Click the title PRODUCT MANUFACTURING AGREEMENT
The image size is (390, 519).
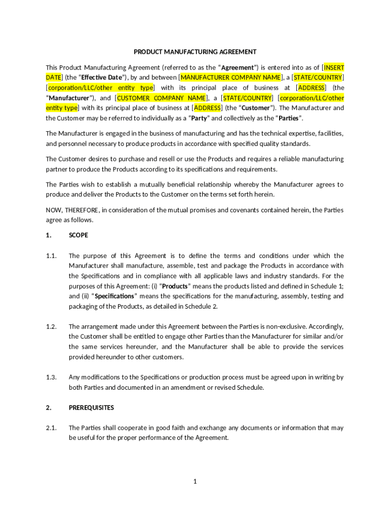(195, 52)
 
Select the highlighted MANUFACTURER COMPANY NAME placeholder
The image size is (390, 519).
(230, 78)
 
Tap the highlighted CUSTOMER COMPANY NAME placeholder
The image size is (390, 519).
(162, 98)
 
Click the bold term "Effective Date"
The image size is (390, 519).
(102, 78)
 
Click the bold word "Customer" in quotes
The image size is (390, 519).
(258, 108)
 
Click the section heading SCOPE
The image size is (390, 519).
(79, 235)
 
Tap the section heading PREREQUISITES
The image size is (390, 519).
(91, 407)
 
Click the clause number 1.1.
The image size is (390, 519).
(51, 255)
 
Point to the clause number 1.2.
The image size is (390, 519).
(51, 326)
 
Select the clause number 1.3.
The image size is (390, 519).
(51, 377)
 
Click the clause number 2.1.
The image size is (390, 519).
(51, 428)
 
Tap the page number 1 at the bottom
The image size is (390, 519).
(194, 481)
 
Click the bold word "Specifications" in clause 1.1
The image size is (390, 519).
(114, 296)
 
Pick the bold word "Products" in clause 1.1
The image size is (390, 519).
(175, 286)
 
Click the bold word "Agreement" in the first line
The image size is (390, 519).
(239, 67)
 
